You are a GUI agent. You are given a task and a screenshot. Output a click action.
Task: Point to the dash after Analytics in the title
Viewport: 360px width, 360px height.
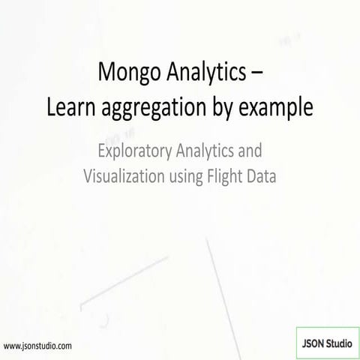(255, 74)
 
